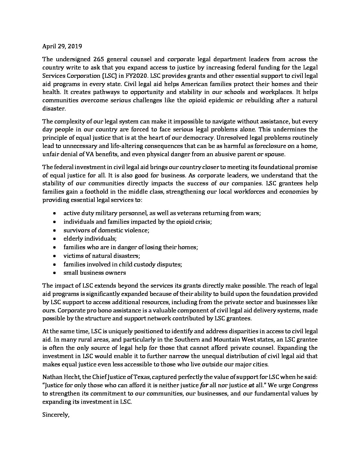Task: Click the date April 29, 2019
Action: (x=62, y=46)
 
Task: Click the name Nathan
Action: (x=52, y=377)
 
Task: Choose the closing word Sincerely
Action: (x=56, y=415)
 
